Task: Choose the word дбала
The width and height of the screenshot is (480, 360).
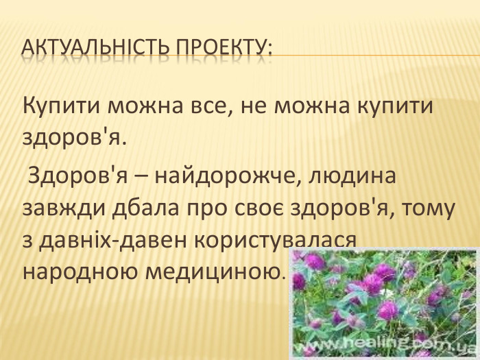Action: click(x=141, y=208)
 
